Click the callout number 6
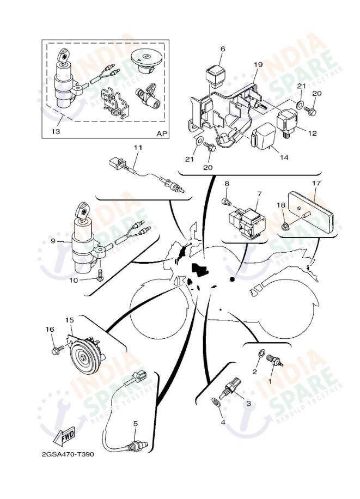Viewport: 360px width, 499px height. [222, 49]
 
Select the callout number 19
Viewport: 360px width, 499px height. [258, 64]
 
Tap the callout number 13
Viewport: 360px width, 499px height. [56, 132]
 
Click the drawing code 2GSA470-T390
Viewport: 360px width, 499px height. [67, 454]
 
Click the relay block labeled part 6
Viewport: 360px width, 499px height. [217, 72]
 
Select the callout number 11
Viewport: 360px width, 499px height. [138, 148]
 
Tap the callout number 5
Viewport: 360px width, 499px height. [135, 423]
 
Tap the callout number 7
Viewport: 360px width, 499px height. [259, 193]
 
